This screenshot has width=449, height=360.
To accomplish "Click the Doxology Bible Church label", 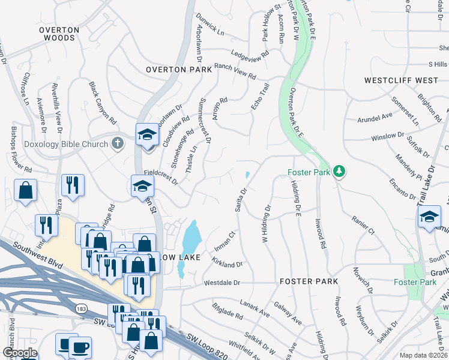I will coord(66,144).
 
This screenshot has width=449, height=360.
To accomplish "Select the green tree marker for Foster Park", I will coord(340,172).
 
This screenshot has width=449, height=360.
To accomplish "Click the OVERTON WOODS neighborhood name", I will coord(59,34).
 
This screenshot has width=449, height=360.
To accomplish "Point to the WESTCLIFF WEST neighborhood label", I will coord(401,80).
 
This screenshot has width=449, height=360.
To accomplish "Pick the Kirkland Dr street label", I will coord(227,263).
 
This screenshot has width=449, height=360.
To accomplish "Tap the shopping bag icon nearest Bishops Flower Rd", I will coord(26,191).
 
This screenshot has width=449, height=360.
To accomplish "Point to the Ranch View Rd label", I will coord(235,71).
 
